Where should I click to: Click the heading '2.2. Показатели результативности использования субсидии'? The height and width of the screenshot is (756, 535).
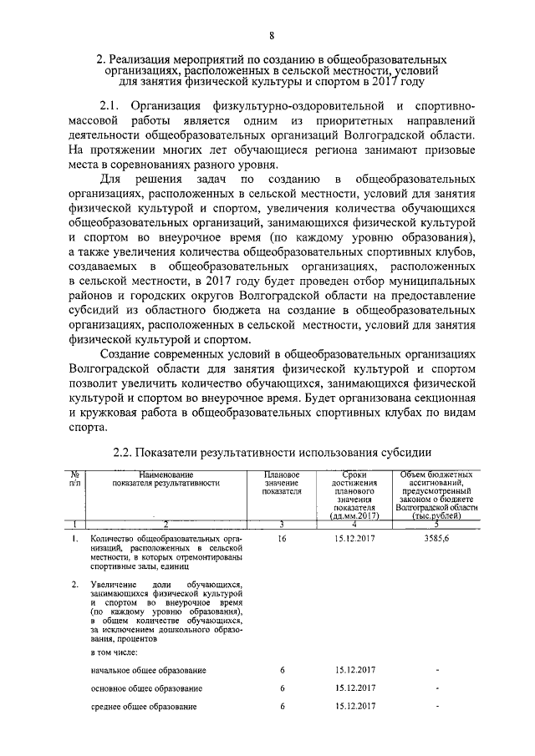(x=272, y=452)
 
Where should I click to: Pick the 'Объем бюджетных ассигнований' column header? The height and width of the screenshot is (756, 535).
(x=436, y=493)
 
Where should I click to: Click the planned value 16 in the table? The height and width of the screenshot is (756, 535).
(x=282, y=540)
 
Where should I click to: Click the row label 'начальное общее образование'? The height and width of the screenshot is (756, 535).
(x=147, y=670)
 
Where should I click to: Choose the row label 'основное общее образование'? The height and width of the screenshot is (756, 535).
(x=146, y=688)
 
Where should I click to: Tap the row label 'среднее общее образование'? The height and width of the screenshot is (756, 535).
(x=143, y=707)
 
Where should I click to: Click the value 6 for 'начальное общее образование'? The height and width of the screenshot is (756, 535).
(x=283, y=670)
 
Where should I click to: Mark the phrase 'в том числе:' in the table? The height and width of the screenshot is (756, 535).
(x=115, y=651)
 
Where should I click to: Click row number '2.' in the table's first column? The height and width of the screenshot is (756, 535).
(x=76, y=584)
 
